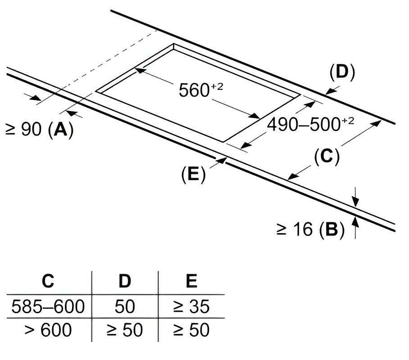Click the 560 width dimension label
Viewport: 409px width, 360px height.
(201, 90)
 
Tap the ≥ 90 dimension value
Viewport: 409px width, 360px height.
(23, 129)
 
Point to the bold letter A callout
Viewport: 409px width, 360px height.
(60, 129)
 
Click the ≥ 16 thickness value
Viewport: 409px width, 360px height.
(294, 229)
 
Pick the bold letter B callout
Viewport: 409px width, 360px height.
(332, 229)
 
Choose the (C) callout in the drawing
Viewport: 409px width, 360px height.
(327, 157)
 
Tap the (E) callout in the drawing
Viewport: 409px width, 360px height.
(193, 174)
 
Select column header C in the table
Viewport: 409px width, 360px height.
(48, 281)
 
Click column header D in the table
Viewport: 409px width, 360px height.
(125, 281)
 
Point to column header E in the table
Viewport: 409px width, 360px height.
(192, 281)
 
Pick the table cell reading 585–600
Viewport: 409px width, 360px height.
(48, 306)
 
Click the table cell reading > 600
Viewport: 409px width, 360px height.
(48, 329)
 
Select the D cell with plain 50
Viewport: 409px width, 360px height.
(125, 306)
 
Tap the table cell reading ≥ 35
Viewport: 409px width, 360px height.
(191, 306)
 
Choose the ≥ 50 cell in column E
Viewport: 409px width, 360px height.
(191, 329)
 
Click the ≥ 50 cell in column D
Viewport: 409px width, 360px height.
(125, 329)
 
